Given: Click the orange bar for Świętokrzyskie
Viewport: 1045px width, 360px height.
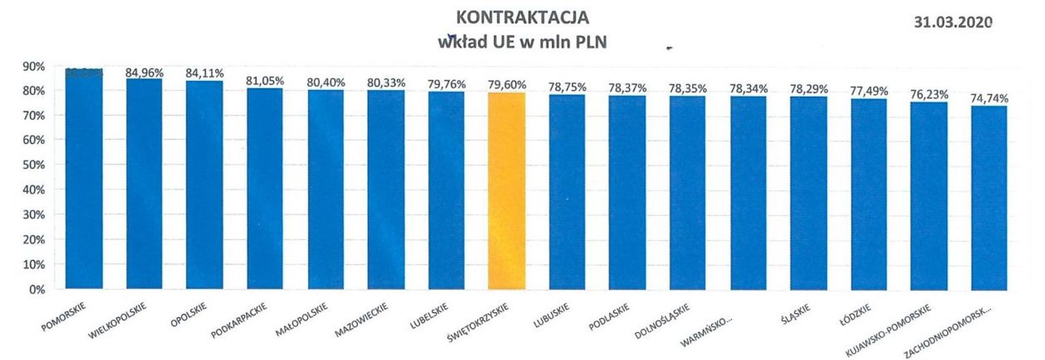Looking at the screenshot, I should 507,191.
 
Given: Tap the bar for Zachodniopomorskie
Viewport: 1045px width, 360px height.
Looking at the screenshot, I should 989,198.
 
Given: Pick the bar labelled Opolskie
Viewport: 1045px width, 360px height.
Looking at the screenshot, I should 205,185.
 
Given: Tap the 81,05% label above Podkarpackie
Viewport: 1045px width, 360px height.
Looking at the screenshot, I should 265,80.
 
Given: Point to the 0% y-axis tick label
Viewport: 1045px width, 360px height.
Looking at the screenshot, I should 37,290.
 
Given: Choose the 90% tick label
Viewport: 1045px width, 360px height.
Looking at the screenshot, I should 34,66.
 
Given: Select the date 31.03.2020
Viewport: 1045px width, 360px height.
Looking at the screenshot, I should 953,22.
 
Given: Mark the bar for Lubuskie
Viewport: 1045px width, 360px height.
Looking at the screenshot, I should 567,193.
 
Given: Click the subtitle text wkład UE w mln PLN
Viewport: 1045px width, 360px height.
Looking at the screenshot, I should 522,41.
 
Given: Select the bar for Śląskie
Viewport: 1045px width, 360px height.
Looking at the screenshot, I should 808,193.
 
